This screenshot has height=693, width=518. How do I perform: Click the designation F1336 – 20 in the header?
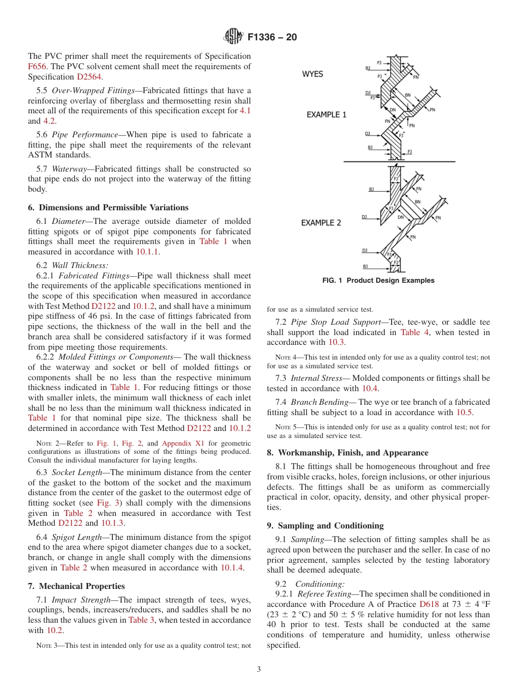(272, 38)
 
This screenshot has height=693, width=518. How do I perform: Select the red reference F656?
(37, 66)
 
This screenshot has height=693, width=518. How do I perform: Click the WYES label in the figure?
(312, 74)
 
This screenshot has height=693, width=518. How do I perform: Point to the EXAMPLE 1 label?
(326, 115)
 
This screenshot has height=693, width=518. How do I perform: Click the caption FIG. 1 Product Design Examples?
(378, 281)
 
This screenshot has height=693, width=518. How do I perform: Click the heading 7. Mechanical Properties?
(76, 586)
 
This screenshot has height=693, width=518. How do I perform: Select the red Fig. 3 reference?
(107, 502)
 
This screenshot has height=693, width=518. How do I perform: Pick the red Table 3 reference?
(141, 620)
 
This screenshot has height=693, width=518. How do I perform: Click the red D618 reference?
(429, 604)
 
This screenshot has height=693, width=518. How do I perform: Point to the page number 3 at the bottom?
(258, 670)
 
